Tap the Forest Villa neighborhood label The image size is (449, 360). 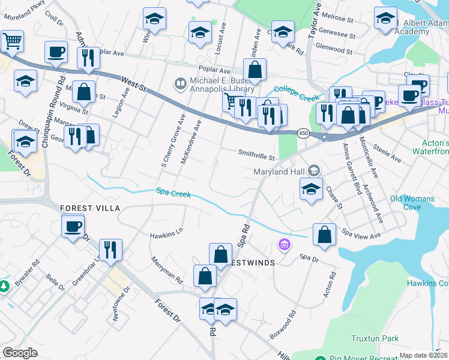[90, 208]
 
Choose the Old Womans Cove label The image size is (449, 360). [414, 203]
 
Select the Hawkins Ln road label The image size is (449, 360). [166, 235]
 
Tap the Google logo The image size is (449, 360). [20, 353]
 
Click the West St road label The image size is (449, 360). [133, 84]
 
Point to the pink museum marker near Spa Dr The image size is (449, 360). [284, 245]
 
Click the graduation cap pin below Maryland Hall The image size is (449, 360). [311, 189]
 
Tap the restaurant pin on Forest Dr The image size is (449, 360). [110, 249]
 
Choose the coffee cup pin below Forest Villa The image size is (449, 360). [73, 227]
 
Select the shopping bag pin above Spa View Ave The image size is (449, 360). [324, 235]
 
